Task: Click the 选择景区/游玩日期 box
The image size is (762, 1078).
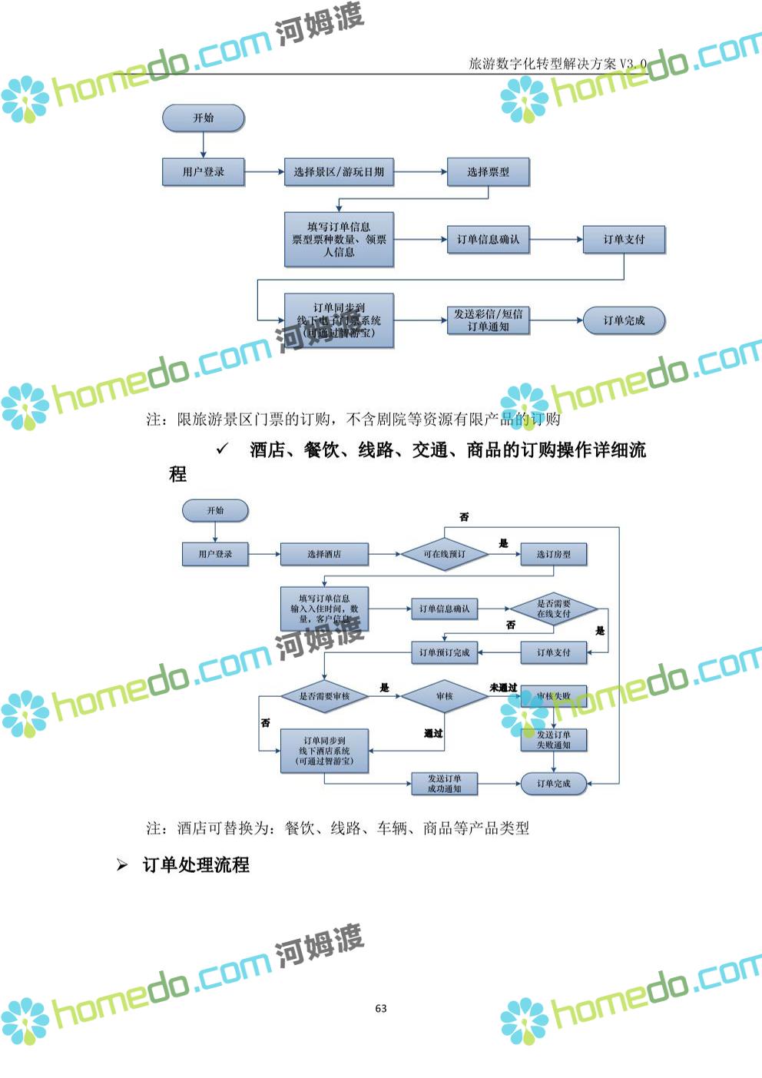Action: [x=339, y=172]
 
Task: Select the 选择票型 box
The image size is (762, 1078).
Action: [x=488, y=172]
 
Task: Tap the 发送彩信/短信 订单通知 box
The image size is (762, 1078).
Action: [x=488, y=320]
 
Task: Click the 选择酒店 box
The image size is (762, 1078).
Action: [x=324, y=554]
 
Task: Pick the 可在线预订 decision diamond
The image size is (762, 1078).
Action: [x=445, y=554]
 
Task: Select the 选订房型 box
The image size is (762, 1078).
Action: [x=553, y=554]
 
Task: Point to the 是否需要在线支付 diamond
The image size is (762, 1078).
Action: [x=553, y=609]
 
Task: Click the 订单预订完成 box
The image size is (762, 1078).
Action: [x=445, y=652]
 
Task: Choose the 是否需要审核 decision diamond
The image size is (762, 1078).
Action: [x=324, y=696]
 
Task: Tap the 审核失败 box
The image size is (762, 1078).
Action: [x=554, y=696]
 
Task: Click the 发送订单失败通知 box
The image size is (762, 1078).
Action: [x=554, y=740]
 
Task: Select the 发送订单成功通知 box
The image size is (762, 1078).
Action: [x=445, y=784]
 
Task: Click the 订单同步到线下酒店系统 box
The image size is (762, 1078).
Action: [x=324, y=751]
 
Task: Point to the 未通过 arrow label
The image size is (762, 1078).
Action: [x=503, y=688]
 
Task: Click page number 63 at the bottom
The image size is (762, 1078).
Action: [x=381, y=1008]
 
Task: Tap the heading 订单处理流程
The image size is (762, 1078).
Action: [x=196, y=865]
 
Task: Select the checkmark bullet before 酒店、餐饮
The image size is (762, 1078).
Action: [x=223, y=449]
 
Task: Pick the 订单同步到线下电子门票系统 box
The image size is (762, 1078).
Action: [x=339, y=320]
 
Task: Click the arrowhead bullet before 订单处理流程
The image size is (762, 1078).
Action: [x=122, y=865]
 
